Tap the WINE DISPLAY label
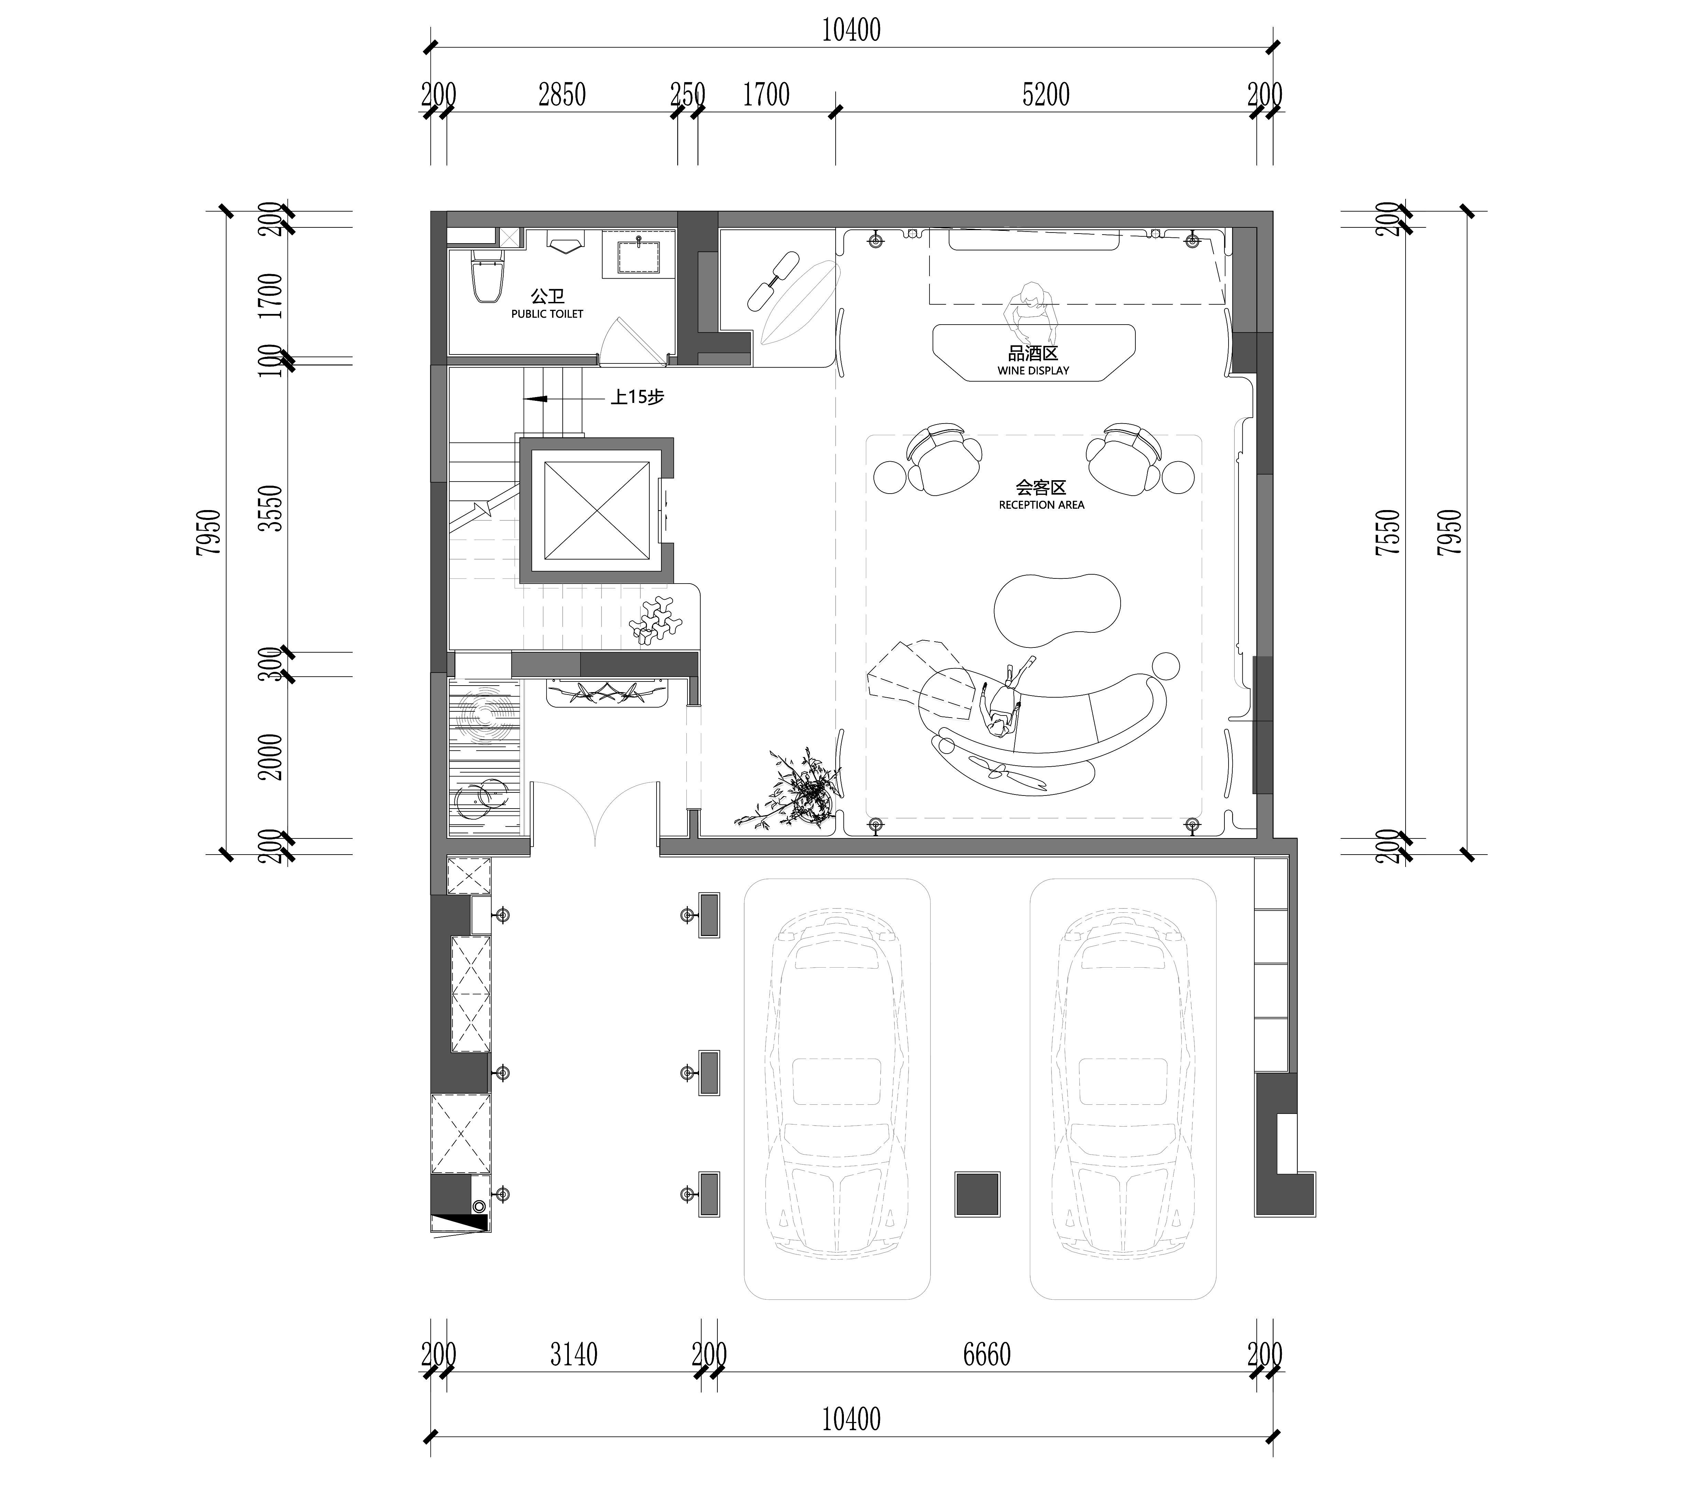tap(1033, 371)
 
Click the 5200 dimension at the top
tap(1046, 95)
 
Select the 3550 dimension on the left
tap(271, 508)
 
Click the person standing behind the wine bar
tap(1031, 309)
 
